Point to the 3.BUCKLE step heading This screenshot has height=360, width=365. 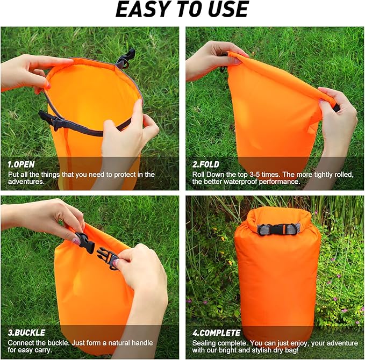(x=26, y=333)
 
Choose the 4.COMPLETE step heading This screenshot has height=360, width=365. (x=215, y=333)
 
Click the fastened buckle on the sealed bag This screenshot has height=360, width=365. (x=278, y=229)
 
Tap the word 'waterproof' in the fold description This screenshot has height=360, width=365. (x=240, y=182)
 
